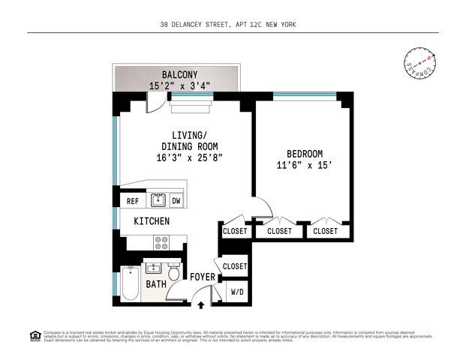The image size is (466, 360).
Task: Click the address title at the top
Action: tap(233, 24)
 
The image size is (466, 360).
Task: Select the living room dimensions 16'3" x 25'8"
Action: tap(189, 158)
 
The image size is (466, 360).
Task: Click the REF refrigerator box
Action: tap(132, 201)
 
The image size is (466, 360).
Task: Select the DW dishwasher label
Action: tap(176, 201)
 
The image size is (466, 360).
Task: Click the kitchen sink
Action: tap(158, 199)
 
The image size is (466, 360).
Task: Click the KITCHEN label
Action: tap(152, 221)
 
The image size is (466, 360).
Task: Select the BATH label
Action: tap(156, 284)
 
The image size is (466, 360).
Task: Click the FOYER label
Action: tap(202, 277)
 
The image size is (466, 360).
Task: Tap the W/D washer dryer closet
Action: tap(236, 292)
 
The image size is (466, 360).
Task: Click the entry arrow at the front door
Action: tap(200, 304)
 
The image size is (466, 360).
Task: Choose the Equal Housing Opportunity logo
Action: tap(34, 336)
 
